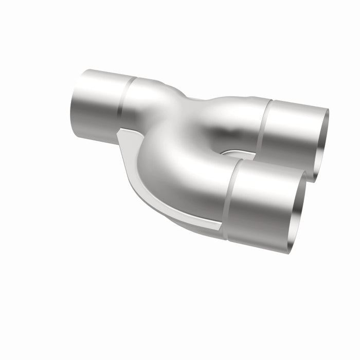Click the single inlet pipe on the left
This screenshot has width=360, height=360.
click(95, 105)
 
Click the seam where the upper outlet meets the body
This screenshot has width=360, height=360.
click(262, 126)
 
